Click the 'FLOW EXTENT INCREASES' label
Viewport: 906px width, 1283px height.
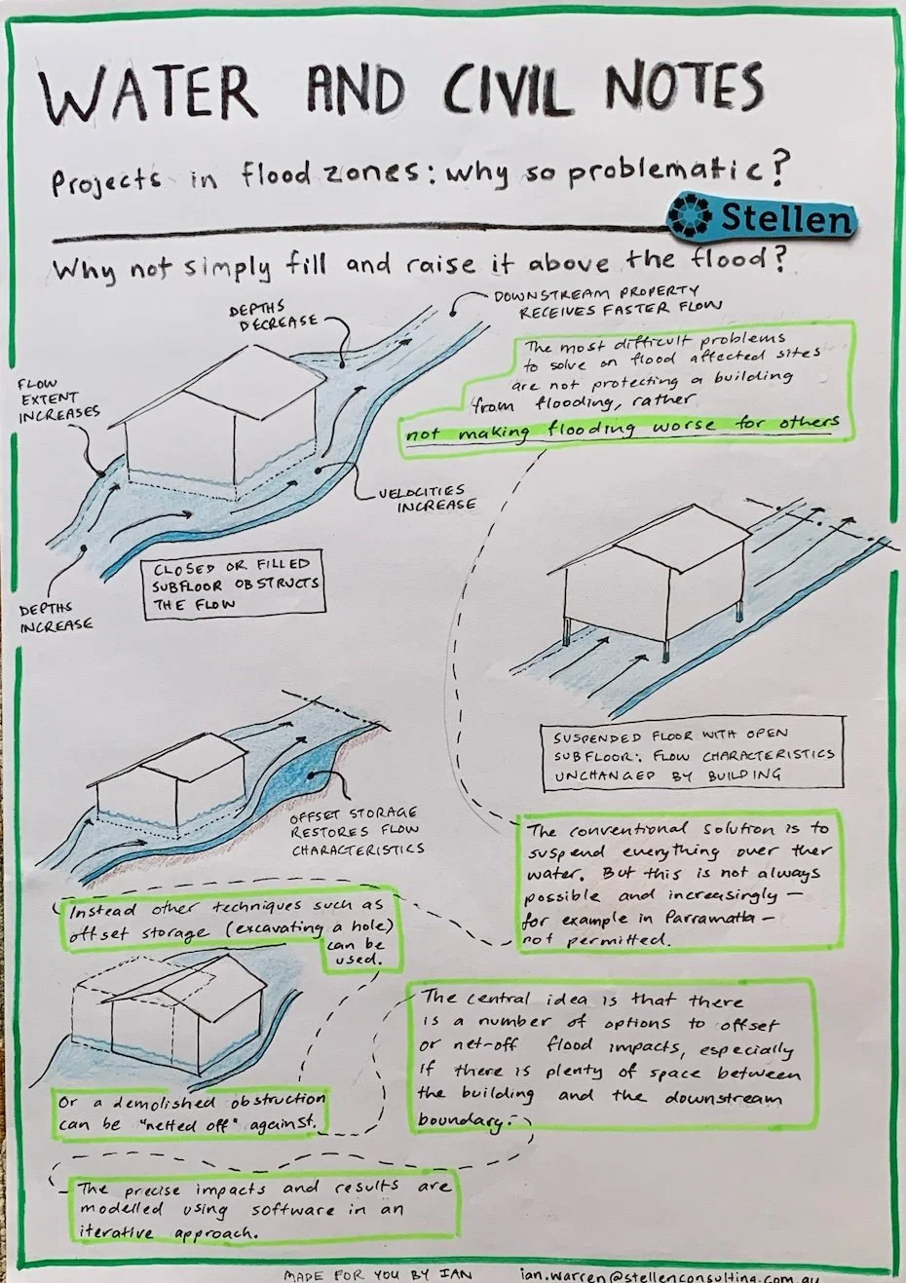(x=58, y=398)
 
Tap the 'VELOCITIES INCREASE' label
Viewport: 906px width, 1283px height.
(x=428, y=498)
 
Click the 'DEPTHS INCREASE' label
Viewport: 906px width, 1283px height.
(x=56, y=618)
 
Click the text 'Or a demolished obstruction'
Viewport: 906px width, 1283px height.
(x=191, y=1102)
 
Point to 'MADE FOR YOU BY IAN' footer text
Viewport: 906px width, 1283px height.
(x=377, y=1274)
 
